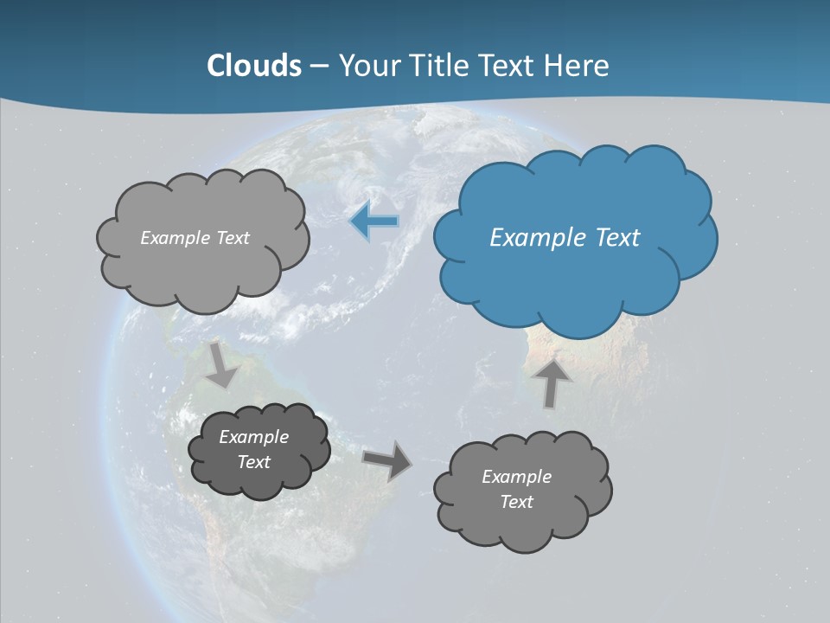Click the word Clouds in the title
tap(254, 66)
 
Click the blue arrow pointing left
tap(373, 222)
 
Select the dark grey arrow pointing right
tap(387, 459)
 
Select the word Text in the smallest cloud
tap(253, 462)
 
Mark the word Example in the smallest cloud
tap(253, 437)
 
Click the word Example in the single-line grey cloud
tap(176, 238)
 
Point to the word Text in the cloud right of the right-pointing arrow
tap(516, 502)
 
